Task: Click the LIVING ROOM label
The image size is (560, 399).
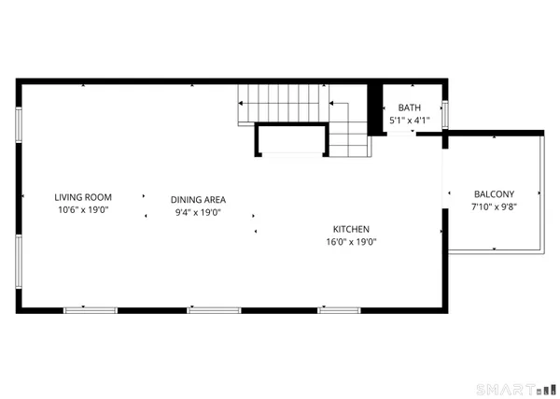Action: tap(83, 197)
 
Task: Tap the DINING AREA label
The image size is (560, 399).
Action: tap(198, 199)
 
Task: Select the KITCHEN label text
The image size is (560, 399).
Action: tap(352, 229)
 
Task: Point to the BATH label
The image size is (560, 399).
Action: tap(409, 108)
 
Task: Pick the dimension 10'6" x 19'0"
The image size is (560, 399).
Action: tap(83, 211)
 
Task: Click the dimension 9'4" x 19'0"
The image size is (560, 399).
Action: tap(198, 212)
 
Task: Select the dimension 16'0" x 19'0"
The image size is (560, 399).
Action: tap(352, 242)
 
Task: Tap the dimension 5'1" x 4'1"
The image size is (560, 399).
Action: tap(409, 121)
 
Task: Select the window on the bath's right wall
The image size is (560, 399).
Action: tap(446, 113)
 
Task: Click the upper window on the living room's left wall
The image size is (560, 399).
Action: tap(19, 126)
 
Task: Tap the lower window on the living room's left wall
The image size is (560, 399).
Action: tap(19, 259)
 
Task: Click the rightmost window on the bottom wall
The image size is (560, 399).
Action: tap(339, 309)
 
